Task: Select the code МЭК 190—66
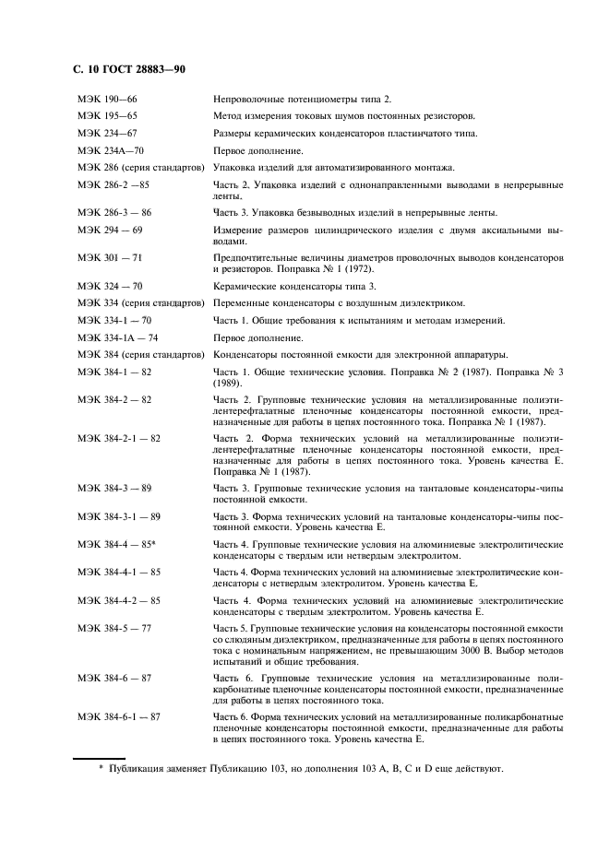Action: pos(107,100)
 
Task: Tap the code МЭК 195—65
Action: pos(107,116)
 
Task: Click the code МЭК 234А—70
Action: pos(112,150)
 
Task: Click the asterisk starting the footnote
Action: pos(102,768)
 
